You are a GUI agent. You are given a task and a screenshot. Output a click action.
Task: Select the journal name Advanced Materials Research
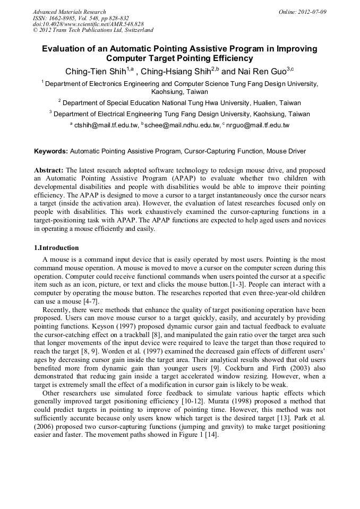click(69, 12)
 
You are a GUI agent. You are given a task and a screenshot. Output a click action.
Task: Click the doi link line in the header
click(88, 24)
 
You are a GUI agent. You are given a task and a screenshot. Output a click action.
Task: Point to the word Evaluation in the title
click(66, 49)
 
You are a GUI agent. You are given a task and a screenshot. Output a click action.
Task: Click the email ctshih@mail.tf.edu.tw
click(106, 125)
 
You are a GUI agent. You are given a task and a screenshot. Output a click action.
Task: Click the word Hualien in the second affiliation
click(258, 102)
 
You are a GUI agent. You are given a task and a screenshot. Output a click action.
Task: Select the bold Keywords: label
click(51, 151)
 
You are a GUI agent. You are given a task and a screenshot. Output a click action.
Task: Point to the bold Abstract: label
click(49, 170)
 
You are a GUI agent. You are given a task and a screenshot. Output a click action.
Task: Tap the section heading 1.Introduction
click(56, 248)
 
